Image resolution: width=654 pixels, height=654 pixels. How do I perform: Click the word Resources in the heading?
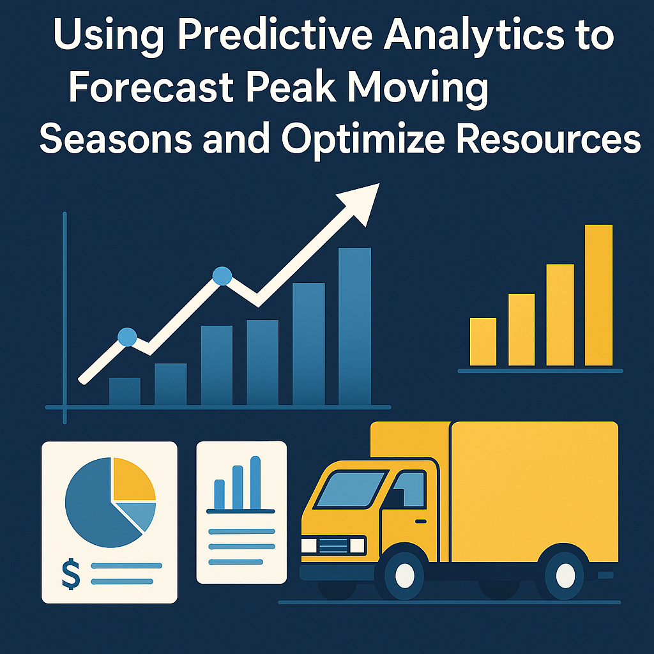tap(549, 139)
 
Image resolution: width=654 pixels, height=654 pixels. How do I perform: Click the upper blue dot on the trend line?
tap(222, 276)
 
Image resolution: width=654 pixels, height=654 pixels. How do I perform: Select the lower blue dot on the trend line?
tap(127, 337)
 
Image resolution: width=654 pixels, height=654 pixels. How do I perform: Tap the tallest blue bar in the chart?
tap(354, 326)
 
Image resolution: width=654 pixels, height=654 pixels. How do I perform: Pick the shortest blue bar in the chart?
tap(125, 392)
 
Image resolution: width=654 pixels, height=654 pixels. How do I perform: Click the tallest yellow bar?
tap(598, 295)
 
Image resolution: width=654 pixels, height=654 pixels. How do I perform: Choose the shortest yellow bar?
tap(483, 342)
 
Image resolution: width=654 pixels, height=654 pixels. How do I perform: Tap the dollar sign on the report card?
tap(71, 574)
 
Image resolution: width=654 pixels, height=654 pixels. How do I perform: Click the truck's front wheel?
tap(404, 575)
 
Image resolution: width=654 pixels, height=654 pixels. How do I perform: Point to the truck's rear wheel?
tap(565, 576)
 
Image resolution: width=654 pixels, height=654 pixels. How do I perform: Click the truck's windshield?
tap(351, 490)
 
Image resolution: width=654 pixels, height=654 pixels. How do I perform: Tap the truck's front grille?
tap(333, 545)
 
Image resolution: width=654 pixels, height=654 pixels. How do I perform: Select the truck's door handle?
tap(421, 521)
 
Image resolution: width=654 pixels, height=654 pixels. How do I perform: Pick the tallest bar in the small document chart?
tap(255, 483)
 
